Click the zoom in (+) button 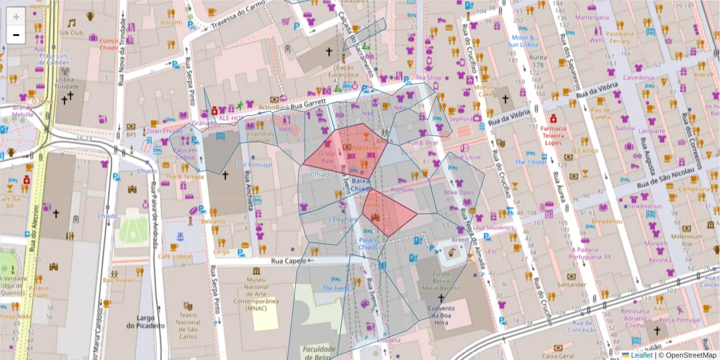(16, 17)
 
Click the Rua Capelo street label (285, 261)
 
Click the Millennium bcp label (686, 240)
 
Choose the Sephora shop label (461, 119)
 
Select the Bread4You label (607, 221)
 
